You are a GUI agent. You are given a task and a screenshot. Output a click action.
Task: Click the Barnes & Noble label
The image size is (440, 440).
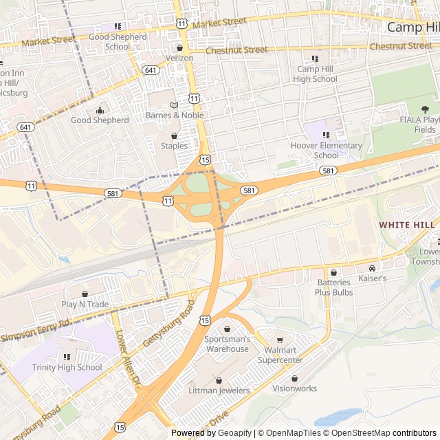175,115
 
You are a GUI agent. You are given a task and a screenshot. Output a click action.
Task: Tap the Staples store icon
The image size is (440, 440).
174,135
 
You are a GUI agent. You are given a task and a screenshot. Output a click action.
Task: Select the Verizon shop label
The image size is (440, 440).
179,58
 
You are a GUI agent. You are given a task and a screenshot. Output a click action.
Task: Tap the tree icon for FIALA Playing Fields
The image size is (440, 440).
425,109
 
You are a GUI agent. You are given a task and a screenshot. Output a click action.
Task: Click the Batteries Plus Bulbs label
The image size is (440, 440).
333,287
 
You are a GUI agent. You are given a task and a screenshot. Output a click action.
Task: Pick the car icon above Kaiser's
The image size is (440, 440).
372,268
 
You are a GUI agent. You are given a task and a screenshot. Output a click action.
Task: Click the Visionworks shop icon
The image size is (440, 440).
295,378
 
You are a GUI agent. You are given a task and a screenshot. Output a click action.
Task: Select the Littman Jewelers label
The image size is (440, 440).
219,390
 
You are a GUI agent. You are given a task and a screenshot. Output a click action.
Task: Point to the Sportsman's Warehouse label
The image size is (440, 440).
227,344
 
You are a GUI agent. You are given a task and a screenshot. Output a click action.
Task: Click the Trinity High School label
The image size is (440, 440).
67,367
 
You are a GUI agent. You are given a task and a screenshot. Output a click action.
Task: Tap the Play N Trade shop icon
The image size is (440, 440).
85,294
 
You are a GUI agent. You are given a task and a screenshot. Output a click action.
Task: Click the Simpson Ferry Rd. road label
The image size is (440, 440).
36,331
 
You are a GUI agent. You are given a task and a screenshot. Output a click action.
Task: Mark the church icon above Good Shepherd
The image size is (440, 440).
100,110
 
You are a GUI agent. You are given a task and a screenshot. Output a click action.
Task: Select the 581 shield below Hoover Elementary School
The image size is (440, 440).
328,170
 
